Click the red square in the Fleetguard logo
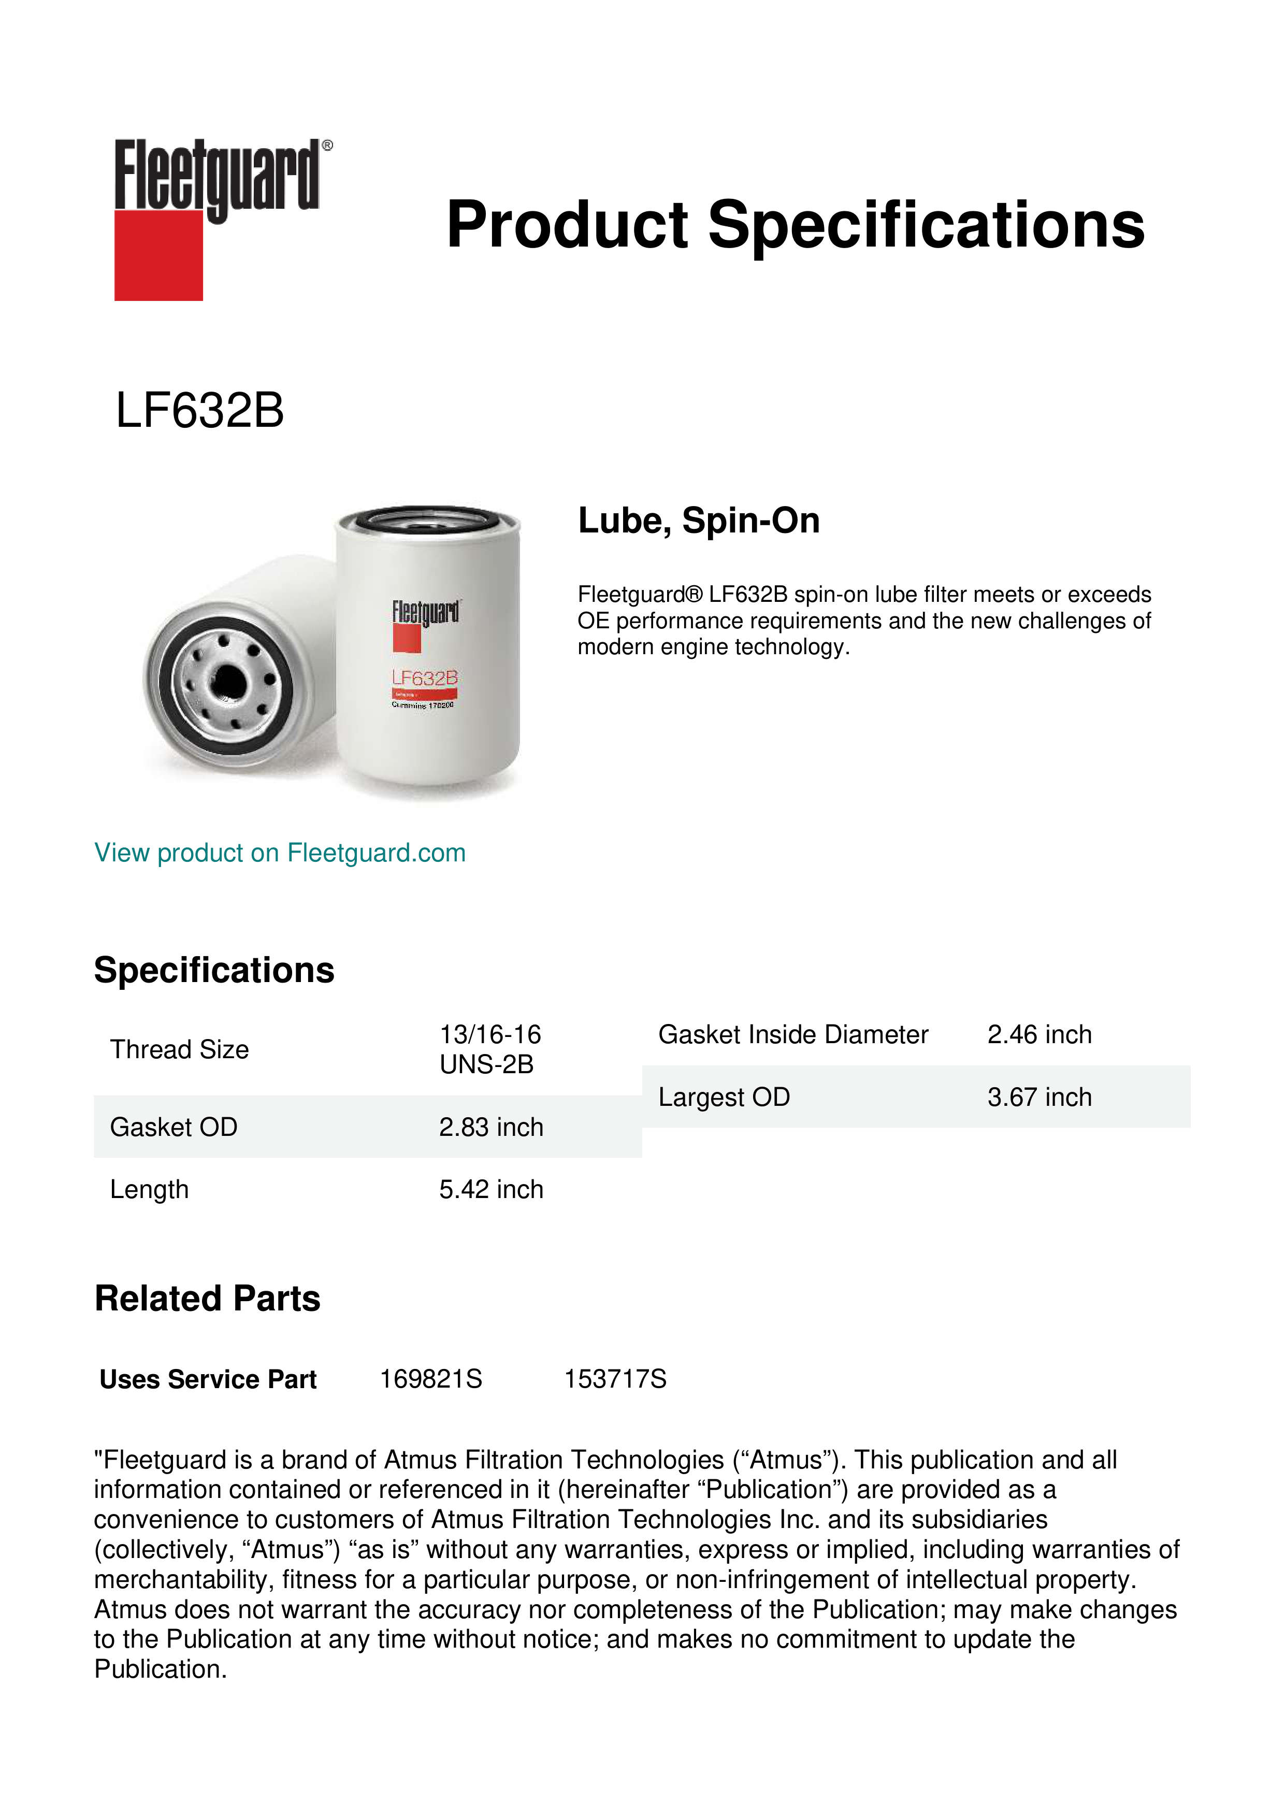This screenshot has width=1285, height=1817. [158, 256]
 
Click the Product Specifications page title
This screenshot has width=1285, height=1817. [795, 225]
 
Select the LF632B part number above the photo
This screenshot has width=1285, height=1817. [199, 411]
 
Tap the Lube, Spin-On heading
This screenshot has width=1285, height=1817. [699, 521]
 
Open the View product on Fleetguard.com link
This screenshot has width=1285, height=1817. [279, 853]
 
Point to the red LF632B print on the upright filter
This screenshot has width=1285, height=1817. [424, 678]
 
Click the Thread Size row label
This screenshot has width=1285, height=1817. [180, 1049]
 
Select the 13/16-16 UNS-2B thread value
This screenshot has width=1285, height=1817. [490, 1049]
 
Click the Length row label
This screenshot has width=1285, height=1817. [150, 1189]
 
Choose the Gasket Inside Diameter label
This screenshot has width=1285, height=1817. [793, 1034]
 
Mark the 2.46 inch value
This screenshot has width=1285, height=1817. [1039, 1034]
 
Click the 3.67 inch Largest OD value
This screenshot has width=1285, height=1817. [1039, 1097]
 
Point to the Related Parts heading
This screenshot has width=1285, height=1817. [207, 1299]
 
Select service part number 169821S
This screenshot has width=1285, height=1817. [430, 1379]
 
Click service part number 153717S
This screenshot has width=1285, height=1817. [615, 1379]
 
